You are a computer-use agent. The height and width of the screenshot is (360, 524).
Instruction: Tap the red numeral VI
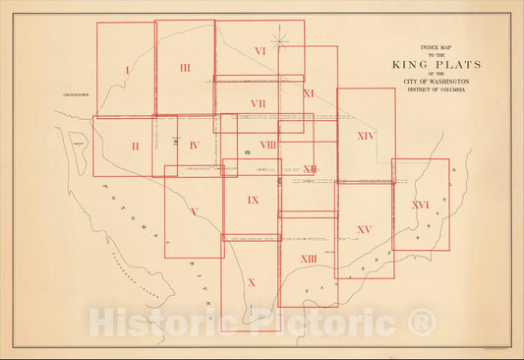click(x=260, y=50)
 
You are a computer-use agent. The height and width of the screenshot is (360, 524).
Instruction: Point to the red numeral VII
click(x=258, y=102)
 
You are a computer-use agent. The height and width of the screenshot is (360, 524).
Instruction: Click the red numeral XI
click(x=308, y=93)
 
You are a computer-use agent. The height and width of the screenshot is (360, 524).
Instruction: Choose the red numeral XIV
click(x=366, y=135)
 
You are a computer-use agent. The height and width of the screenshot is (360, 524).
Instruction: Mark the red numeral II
click(x=135, y=146)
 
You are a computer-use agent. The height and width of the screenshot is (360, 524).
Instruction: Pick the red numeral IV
click(x=194, y=146)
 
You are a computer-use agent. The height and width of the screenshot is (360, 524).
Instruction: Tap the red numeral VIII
click(x=267, y=145)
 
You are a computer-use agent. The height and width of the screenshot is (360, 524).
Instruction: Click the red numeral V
click(x=195, y=211)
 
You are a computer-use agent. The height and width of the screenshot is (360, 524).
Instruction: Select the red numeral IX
click(x=253, y=200)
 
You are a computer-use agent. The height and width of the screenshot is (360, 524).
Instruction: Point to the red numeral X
click(x=251, y=282)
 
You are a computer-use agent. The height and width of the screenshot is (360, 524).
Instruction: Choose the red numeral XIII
click(x=308, y=258)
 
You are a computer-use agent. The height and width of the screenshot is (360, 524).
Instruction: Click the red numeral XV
click(x=364, y=229)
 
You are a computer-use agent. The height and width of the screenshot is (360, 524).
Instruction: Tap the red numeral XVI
click(x=420, y=205)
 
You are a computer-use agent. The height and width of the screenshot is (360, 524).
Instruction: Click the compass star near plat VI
click(x=282, y=39)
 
